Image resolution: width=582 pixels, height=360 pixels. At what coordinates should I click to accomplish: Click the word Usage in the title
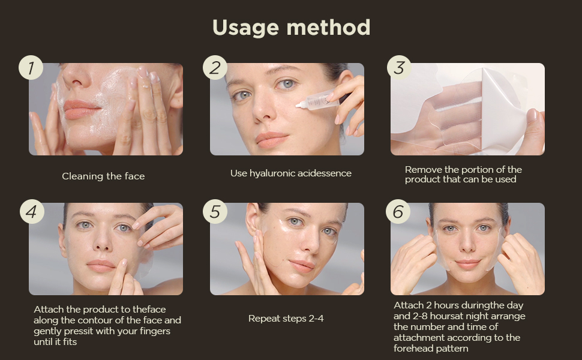245,28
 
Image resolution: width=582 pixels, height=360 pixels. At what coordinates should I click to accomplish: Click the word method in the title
328,27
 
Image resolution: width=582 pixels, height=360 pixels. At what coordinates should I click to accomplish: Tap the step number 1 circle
31,68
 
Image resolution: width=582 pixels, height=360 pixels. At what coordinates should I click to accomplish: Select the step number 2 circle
215,68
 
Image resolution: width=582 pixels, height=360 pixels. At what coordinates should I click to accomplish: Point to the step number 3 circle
399,68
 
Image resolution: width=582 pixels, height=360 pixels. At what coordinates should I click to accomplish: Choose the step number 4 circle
32,212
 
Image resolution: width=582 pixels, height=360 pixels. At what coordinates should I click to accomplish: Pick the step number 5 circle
215,212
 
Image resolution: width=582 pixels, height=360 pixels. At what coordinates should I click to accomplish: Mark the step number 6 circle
398,212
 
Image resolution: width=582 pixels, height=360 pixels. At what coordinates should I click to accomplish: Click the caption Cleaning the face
103,176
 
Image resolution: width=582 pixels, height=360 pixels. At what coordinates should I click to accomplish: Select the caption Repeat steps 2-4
286,319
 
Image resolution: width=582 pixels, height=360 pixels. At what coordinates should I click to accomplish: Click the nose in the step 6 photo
467,244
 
